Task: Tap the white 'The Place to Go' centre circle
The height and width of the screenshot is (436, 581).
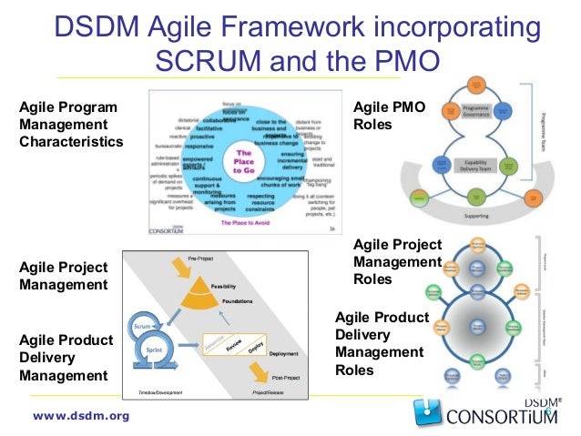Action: point(244,160)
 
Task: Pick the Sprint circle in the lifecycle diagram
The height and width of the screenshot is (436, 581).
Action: point(154,347)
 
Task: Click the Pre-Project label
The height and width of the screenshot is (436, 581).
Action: point(201,258)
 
